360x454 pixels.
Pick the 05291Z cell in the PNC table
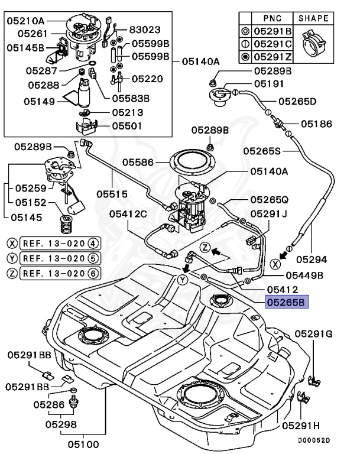(x=273, y=57)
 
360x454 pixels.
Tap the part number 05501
(x=128, y=126)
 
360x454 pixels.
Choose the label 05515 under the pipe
(x=113, y=192)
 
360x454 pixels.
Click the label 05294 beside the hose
(x=312, y=258)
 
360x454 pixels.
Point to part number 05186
(x=316, y=124)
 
